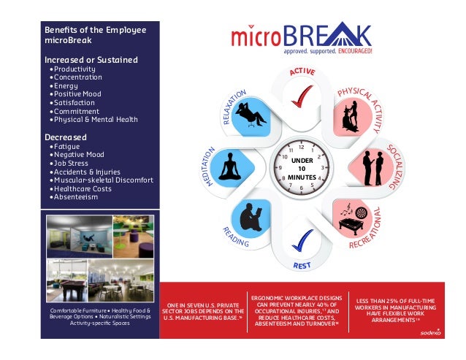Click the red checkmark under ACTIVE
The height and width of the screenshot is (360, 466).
pyautogui.click(x=301, y=96)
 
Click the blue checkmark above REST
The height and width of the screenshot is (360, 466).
pyautogui.click(x=302, y=240)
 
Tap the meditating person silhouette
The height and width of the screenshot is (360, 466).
pyautogui.click(x=231, y=166)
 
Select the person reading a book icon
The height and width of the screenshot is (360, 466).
pyautogui.click(x=250, y=218)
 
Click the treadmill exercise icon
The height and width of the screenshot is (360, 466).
pyautogui.click(x=349, y=112)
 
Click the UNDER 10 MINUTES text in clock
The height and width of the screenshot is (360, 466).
pyautogui.click(x=300, y=168)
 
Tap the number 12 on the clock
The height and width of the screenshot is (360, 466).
pyautogui.click(x=300, y=147)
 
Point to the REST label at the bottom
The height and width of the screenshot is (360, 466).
pyautogui.click(x=302, y=266)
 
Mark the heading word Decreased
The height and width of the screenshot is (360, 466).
pyautogui.click(x=66, y=137)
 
